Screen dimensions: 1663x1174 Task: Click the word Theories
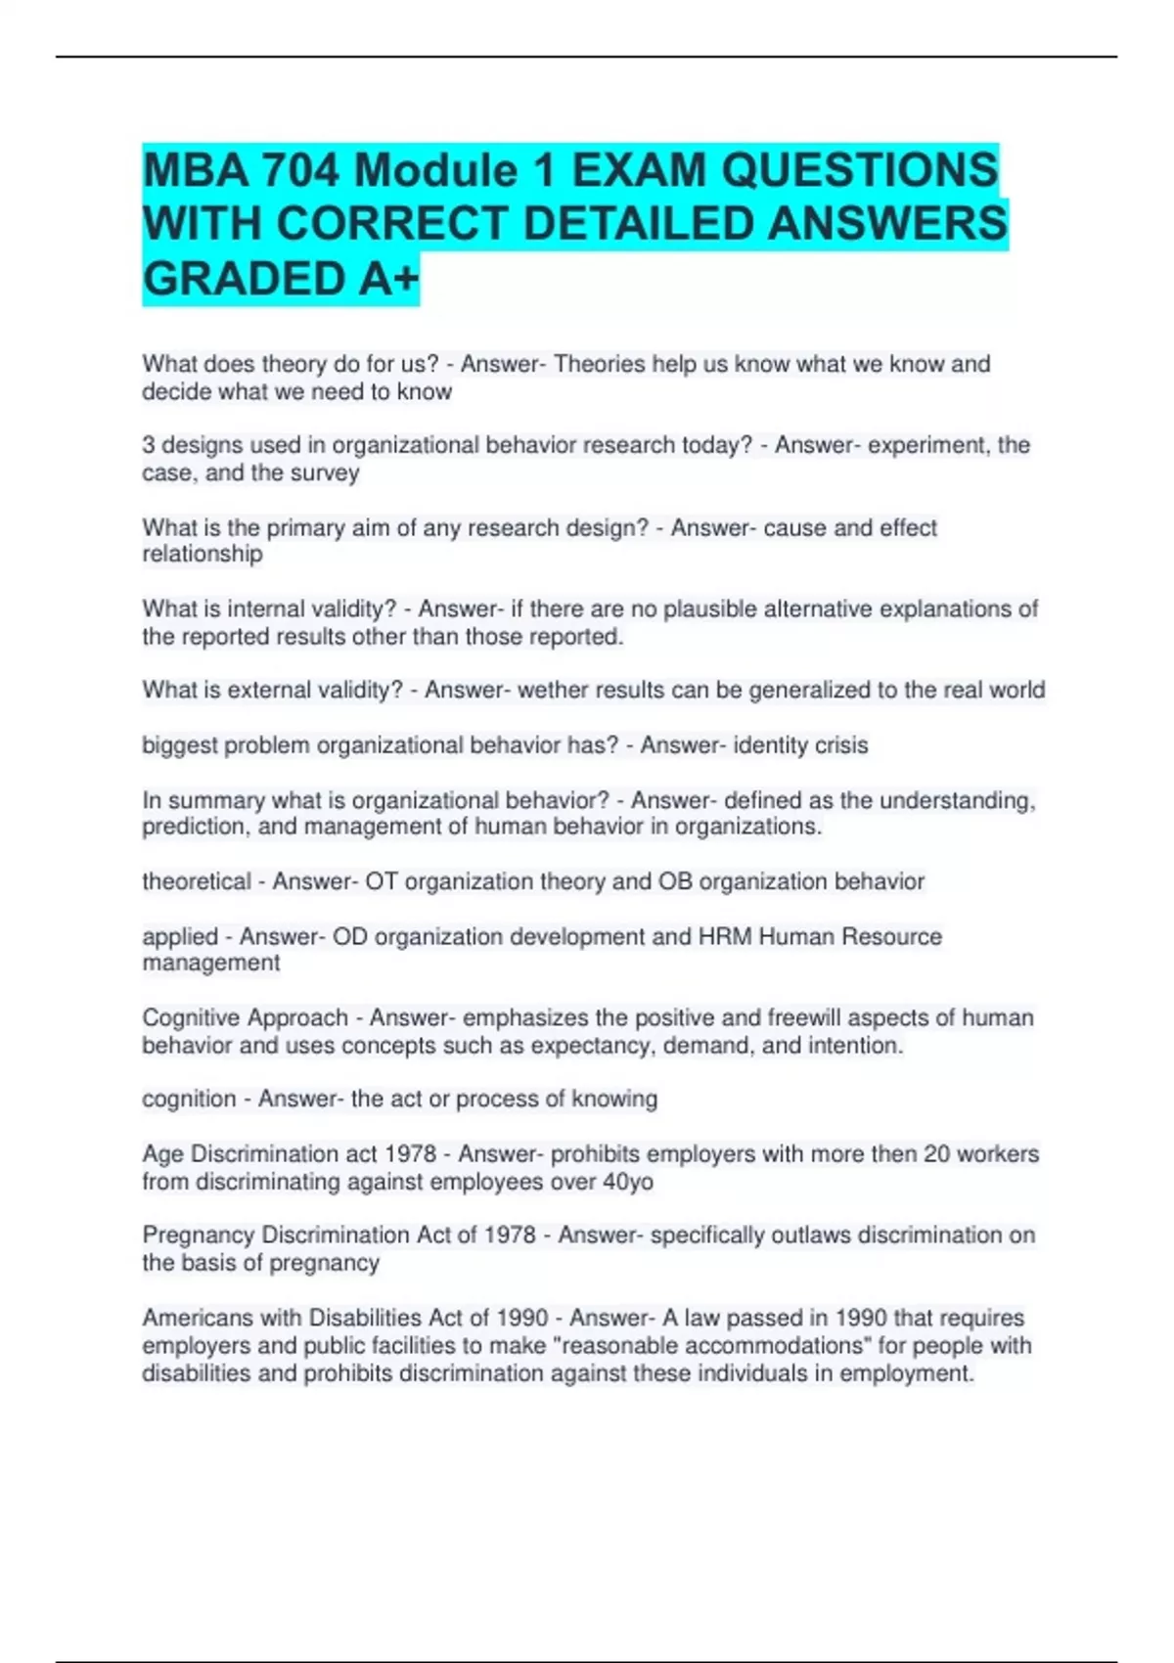tap(600, 364)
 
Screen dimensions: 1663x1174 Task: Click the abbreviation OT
tap(382, 881)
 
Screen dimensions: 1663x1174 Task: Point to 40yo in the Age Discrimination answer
tap(627, 1182)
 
